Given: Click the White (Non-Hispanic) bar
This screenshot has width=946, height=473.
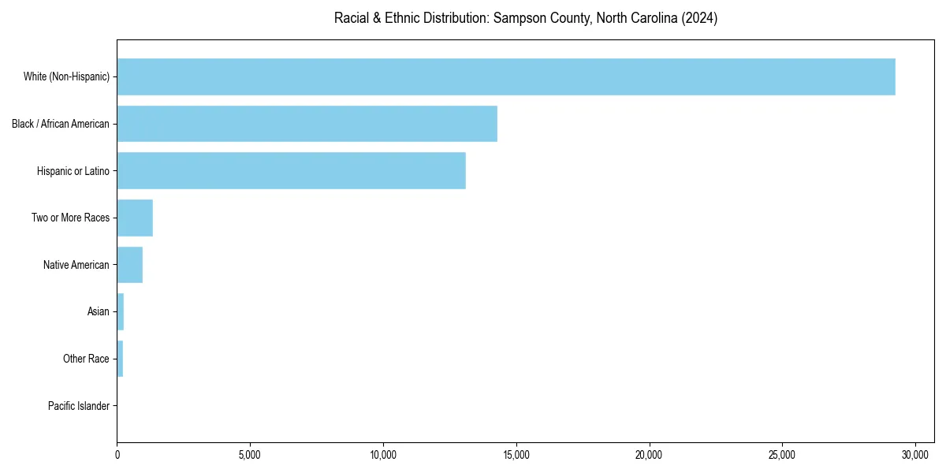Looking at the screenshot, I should tap(505, 76).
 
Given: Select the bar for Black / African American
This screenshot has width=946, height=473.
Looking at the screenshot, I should tap(307, 124).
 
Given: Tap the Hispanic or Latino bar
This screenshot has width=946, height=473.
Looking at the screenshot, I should tap(291, 170).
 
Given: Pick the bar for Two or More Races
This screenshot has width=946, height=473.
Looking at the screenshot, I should tap(135, 218).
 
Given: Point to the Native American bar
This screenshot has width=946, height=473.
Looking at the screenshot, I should tap(129, 265).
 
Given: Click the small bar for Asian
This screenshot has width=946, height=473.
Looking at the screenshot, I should tap(121, 311).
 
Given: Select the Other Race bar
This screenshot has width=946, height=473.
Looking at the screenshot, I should tap(120, 359).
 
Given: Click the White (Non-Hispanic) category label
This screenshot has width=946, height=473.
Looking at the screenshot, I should tap(66, 76).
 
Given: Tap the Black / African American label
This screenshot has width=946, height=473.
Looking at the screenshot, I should tap(61, 124).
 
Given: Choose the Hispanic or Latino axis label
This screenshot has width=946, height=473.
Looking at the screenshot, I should tap(73, 170).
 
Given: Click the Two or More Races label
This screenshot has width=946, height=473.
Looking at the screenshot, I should tap(70, 218).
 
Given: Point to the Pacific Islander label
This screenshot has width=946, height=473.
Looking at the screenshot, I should tap(78, 406).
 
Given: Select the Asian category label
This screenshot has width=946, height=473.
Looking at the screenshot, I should tap(98, 311).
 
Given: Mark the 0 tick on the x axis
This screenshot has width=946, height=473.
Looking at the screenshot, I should tap(117, 455).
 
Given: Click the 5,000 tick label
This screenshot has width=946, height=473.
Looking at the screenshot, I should tap(250, 455).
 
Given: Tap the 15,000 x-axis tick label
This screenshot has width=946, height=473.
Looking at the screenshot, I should tap(516, 455).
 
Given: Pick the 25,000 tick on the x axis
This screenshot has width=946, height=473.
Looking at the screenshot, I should tap(782, 455).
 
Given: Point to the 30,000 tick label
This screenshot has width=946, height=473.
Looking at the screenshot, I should tap(915, 455).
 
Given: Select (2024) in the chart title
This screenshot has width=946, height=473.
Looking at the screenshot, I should tap(700, 18).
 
